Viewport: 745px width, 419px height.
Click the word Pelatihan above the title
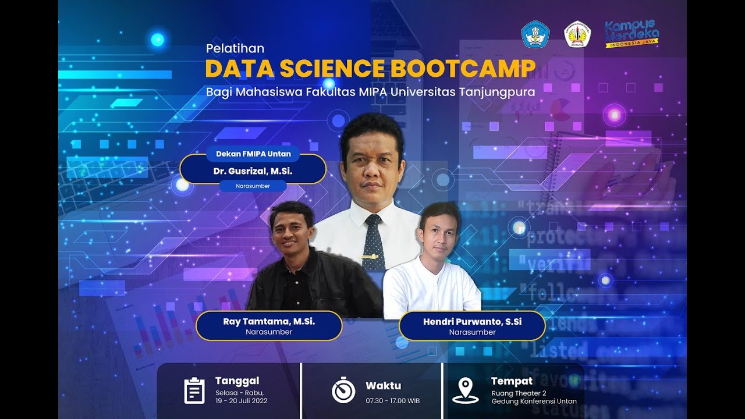point(235,48)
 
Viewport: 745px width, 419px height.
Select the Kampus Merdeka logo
point(632,34)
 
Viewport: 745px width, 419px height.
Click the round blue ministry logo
point(535,34)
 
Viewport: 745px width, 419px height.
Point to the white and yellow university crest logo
point(577,34)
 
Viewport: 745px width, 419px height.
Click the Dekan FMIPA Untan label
point(253,154)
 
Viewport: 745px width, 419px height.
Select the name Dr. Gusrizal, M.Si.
point(253,171)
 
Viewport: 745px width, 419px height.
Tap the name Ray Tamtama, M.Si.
point(269,321)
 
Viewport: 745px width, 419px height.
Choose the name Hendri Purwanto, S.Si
point(472,321)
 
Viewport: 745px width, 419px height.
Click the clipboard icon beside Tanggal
point(194,390)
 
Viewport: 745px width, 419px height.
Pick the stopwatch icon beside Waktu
point(343,390)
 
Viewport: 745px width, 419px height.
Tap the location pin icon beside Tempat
point(465,390)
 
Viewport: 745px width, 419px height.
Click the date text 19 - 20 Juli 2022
point(241,401)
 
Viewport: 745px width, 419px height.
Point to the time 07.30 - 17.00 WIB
point(392,401)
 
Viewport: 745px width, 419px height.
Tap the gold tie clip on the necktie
point(370,257)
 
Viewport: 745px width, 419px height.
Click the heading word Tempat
point(512,381)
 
